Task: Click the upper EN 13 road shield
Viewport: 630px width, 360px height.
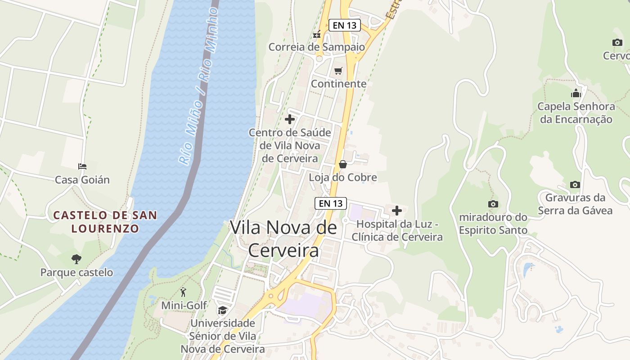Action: pos(345,25)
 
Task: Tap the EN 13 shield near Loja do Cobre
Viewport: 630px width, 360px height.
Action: pos(331,203)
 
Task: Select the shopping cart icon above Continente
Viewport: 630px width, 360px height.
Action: pos(338,71)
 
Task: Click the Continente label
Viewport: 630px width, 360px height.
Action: pos(338,84)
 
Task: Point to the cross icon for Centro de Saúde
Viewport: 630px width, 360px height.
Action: pos(290,119)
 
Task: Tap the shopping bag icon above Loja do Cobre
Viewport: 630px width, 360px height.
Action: pos(343,164)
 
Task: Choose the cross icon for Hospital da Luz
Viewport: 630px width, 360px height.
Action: pos(397,210)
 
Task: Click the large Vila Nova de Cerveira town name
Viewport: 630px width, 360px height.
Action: pos(283,239)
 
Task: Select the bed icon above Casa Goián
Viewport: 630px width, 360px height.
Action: pos(82,166)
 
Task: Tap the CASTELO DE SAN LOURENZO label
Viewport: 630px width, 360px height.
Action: pos(105,222)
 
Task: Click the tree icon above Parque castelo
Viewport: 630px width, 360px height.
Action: pos(76,259)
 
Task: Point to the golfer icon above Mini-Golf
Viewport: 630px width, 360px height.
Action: pos(183,292)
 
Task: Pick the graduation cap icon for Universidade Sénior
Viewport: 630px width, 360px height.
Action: pos(222,310)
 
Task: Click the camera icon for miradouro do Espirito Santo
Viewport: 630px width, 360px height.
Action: pos(493,204)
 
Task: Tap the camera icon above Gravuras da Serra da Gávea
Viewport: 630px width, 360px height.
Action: pos(575,184)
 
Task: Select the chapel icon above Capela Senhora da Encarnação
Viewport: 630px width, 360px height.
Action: pos(576,94)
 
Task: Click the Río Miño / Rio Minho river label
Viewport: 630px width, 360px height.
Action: pos(198,85)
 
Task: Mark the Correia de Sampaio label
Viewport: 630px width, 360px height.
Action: pos(316,47)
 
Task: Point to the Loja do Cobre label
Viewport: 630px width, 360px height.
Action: pos(343,177)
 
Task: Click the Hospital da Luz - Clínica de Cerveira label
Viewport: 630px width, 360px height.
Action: pos(397,230)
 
